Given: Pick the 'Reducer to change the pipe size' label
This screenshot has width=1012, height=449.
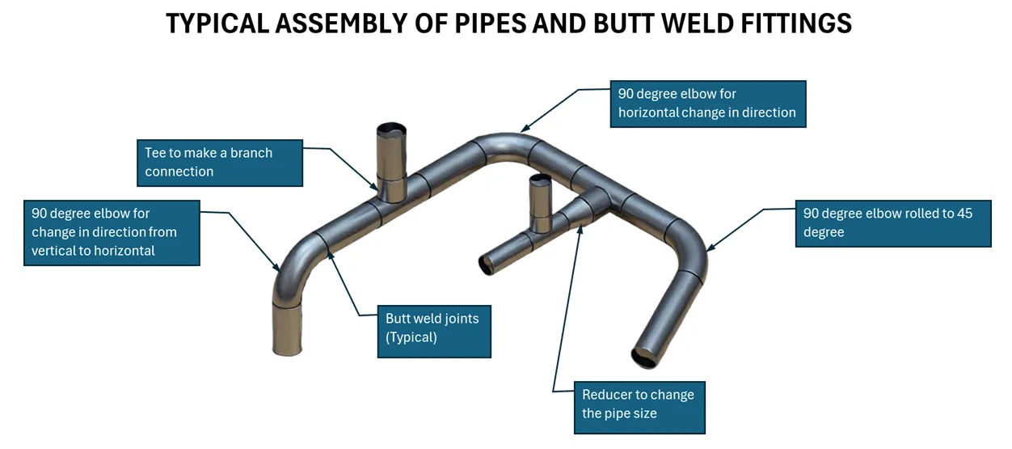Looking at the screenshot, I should [x=639, y=405].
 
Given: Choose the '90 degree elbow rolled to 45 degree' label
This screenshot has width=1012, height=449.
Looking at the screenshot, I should [x=892, y=222].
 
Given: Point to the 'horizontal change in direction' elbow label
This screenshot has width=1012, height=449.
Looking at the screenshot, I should [x=707, y=104].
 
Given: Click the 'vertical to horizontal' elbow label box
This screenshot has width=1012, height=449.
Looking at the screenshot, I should [x=112, y=232].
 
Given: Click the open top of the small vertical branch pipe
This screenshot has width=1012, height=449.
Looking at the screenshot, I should [x=540, y=179].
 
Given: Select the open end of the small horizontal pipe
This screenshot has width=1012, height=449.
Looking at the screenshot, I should [x=489, y=264].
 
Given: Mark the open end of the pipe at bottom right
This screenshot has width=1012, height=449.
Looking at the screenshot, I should [x=647, y=357].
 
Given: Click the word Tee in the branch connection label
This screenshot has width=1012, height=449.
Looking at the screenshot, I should [x=155, y=153].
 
